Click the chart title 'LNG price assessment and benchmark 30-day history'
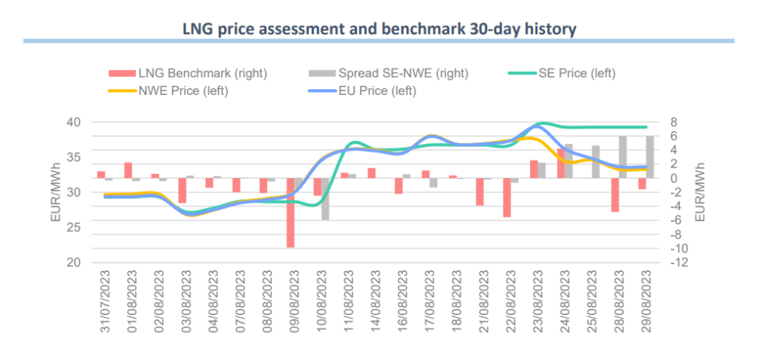(x=379, y=29)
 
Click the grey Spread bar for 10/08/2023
(x=325, y=199)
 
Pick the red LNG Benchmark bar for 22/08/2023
(x=507, y=197)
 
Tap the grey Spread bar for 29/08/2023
(x=650, y=157)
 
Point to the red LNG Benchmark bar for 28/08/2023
(x=615, y=194)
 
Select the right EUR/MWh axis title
(x=698, y=192)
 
